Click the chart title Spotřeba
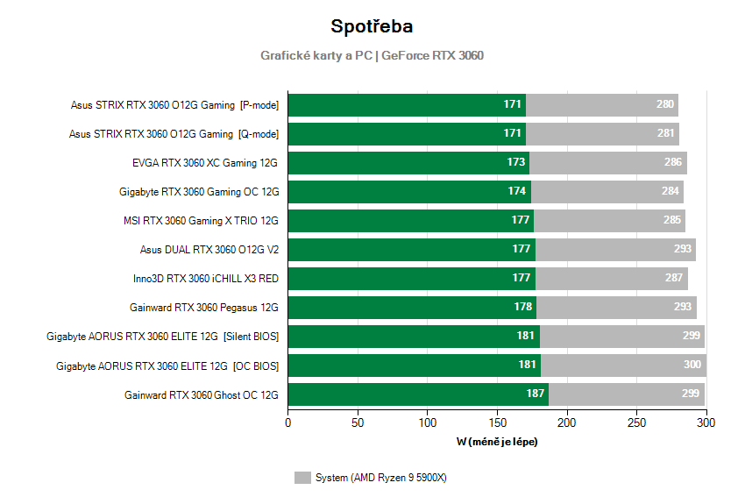click(372, 26)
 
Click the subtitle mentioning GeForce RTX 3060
click(372, 55)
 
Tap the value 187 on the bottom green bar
click(535, 394)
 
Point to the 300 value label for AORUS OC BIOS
click(692, 366)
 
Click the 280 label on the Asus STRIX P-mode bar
click(665, 105)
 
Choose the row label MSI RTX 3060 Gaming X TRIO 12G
click(201, 221)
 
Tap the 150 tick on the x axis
click(497, 422)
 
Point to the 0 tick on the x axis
click(288, 422)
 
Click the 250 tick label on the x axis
click(636, 422)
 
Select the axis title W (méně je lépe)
click(497, 442)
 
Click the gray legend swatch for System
click(302, 478)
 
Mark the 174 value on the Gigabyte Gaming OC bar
click(517, 192)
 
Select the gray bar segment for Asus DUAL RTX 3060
click(614, 250)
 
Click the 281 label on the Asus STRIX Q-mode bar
click(666, 134)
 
